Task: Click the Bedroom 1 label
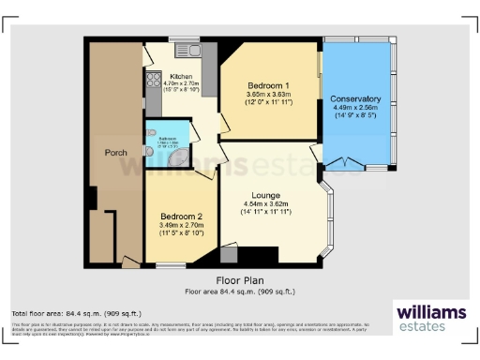tap(267, 86)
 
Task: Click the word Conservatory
tap(355, 98)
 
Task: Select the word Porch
tap(115, 152)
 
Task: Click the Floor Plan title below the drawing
tap(240, 279)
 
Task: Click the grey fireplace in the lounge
tap(230, 254)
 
